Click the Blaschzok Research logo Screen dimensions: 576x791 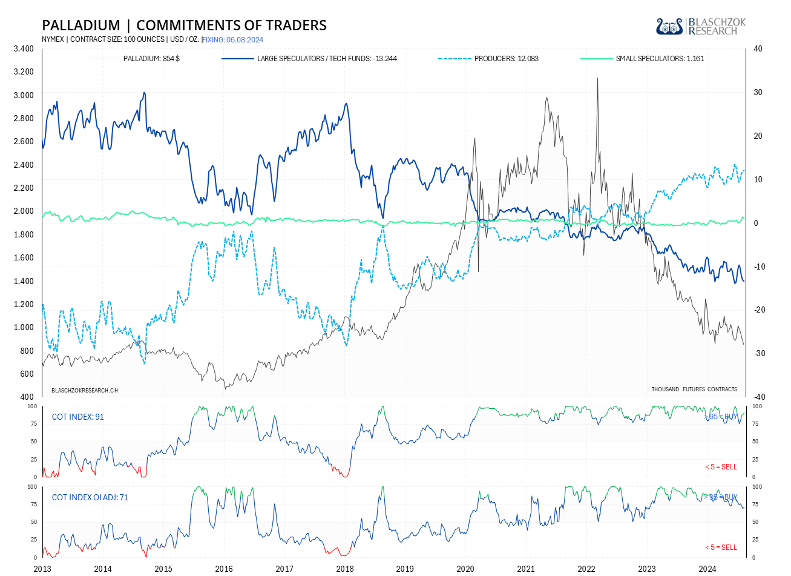pos(701,26)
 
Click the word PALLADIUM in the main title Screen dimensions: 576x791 pos(81,25)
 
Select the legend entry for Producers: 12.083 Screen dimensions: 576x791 pos(506,59)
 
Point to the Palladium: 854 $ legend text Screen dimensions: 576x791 pos(151,59)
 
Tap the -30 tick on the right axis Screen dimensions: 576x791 pos(757,354)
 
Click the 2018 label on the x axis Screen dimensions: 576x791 pos(345,569)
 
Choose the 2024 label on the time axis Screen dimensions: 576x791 pos(707,569)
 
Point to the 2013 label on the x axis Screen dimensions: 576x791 pos(42,569)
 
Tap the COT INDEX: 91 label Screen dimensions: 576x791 pos(77,417)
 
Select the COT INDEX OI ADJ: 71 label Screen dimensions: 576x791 pos(90,497)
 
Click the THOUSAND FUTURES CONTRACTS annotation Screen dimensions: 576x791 pos(694,389)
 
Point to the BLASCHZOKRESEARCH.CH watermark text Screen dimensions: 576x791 pos(85,390)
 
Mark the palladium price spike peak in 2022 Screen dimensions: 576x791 pos(597,78)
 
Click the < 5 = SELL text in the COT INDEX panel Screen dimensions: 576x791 pos(721,467)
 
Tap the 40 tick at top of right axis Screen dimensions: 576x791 pos(757,48)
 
